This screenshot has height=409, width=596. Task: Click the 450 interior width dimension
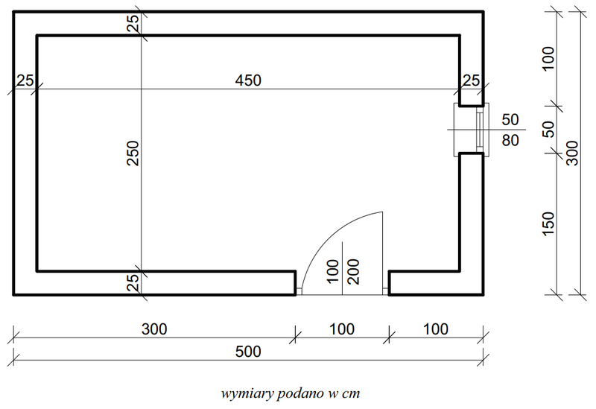click(248, 80)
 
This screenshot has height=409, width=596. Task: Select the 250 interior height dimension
click(133, 153)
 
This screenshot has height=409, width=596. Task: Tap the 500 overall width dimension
click(248, 352)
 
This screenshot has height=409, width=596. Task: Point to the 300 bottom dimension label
click(154, 329)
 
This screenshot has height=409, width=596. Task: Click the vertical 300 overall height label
click(572, 153)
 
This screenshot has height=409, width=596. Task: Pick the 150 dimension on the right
click(548, 224)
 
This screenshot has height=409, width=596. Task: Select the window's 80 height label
click(510, 141)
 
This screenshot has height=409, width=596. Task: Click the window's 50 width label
click(510, 120)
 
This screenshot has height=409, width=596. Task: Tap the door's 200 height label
click(353, 271)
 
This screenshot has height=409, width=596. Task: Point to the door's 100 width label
click(332, 271)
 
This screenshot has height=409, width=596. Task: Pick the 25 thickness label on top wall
click(133, 24)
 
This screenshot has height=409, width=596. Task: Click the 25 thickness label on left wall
click(25, 80)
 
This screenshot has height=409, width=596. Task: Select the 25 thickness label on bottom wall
click(133, 283)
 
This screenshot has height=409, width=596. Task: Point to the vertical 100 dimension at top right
click(548, 59)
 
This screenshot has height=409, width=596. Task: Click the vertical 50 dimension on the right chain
click(548, 129)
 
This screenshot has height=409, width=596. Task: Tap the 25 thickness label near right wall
click(472, 80)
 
